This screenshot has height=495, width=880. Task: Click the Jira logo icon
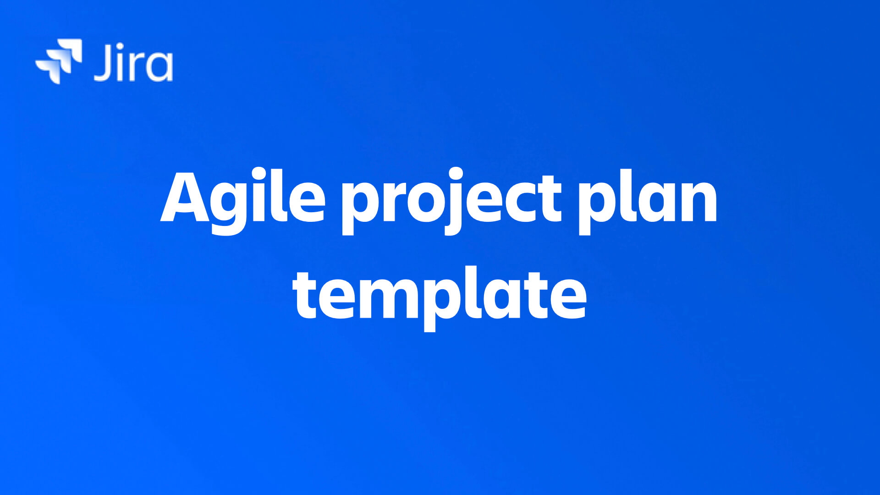(x=59, y=61)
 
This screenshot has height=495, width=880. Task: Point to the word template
(x=440, y=296)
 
